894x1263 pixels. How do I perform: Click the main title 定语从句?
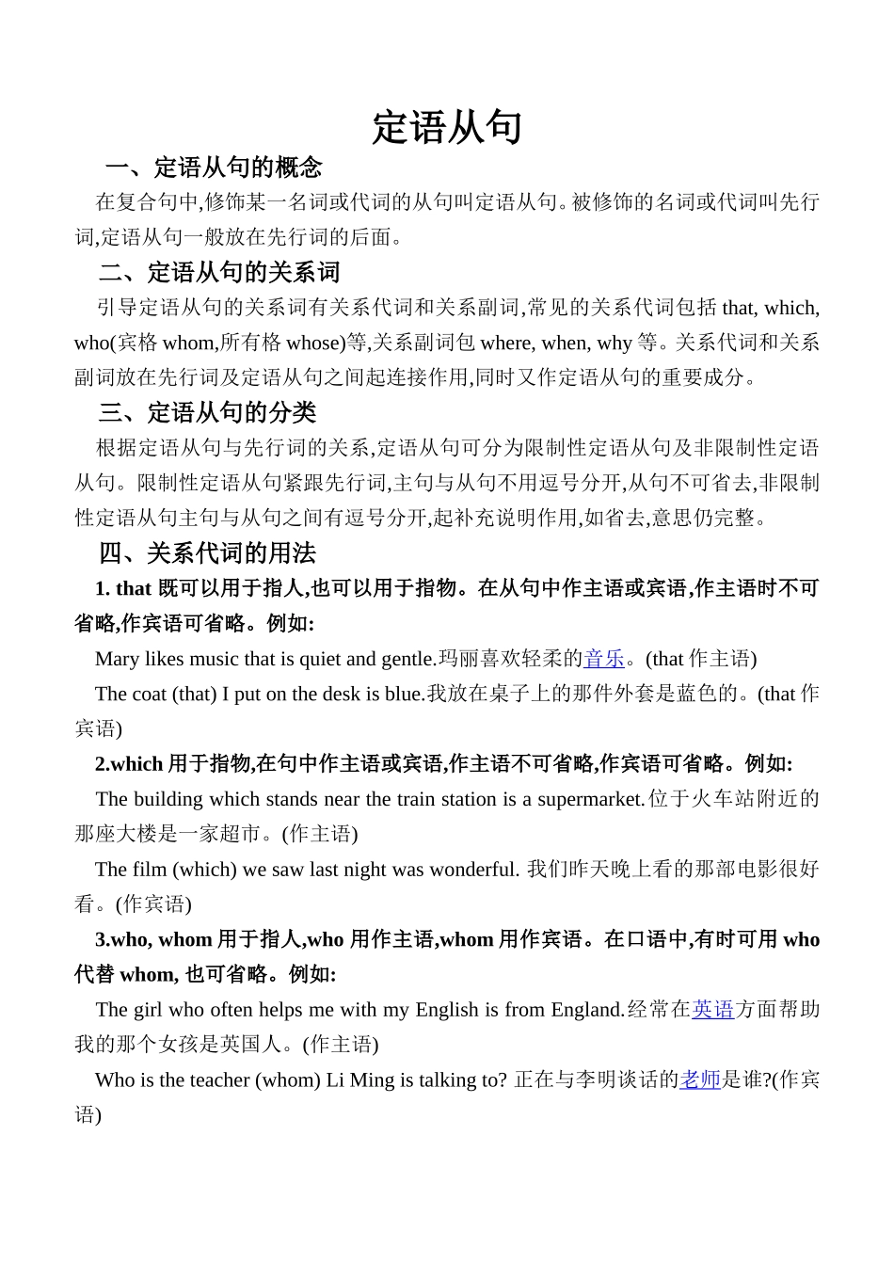pos(447,128)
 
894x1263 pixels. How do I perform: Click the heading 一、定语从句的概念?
pos(214,168)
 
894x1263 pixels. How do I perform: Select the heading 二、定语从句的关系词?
pos(219,273)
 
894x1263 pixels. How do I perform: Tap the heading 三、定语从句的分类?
pos(207,412)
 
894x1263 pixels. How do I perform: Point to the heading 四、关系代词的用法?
pos(207,552)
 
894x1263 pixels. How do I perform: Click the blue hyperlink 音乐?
pos(604,659)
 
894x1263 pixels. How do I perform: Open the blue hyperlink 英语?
pos(712,1010)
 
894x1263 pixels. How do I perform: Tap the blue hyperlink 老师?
pos(700,1080)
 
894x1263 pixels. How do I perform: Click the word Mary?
pos(118,659)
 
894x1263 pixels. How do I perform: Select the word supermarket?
pos(590,799)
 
